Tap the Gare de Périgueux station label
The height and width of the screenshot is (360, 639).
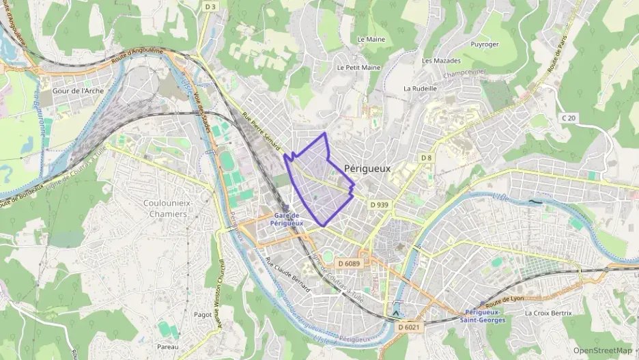click(287, 219)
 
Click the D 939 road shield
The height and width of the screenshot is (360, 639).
click(380, 204)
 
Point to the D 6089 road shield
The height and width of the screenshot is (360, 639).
click(348, 263)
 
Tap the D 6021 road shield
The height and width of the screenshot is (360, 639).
click(409, 327)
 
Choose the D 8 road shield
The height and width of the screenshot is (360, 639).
click(426, 158)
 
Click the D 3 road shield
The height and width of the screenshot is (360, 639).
click(210, 7)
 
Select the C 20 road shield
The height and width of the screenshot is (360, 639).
click(569, 118)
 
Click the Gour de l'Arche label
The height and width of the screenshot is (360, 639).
click(76, 90)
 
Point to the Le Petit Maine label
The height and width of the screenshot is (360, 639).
click(358, 68)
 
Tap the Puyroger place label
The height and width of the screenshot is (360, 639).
click(485, 44)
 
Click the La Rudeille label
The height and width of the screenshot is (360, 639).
click(419, 88)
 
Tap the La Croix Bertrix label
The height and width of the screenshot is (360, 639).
click(548, 313)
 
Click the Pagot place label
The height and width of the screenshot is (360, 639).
click(203, 315)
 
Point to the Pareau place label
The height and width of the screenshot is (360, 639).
click(167, 347)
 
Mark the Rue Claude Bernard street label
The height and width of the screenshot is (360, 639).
click(287, 275)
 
